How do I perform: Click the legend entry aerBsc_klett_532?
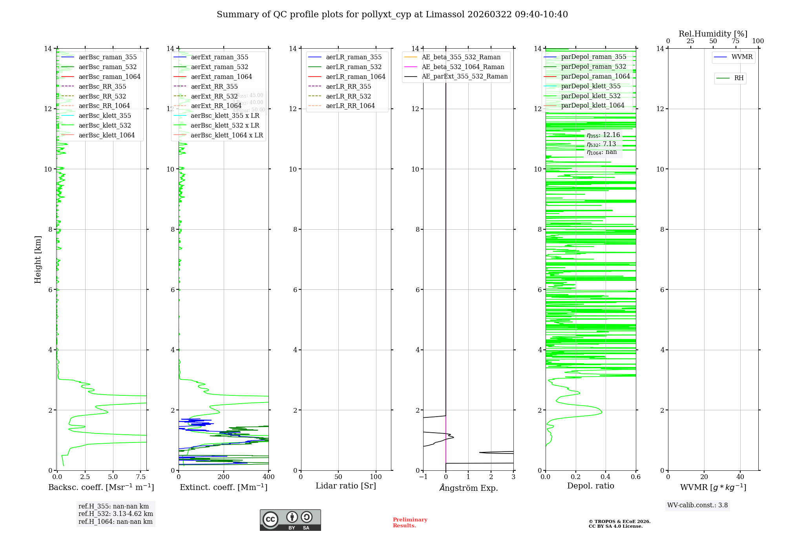[104, 125]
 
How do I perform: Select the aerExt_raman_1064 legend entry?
[221, 77]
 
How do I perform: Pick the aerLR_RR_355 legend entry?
[348, 86]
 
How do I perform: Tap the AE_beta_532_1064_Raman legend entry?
[463, 67]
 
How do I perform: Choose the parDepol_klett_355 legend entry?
[591, 86]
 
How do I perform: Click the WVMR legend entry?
[741, 57]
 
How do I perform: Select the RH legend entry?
[739, 78]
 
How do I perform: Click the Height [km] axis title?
[38, 260]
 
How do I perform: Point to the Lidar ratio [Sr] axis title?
[346, 486]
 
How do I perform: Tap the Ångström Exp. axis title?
[468, 488]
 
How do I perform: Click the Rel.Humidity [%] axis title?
[713, 34]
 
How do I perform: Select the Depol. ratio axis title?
[590, 486]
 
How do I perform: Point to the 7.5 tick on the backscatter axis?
[141, 477]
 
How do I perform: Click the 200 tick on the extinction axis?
[224, 477]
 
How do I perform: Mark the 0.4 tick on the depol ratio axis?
[606, 477]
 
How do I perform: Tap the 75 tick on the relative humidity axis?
[736, 41]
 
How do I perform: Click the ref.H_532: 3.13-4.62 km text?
[115, 514]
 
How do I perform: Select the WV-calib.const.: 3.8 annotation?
[697, 505]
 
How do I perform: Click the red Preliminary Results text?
[410, 523]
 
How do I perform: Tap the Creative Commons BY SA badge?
[290, 520]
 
